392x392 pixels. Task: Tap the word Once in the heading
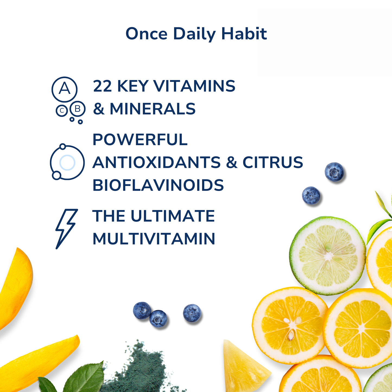point(146,34)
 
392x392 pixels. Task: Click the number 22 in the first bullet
point(102,86)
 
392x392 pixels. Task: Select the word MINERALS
point(152,109)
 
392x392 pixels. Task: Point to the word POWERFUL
point(140,140)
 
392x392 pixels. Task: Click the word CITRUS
point(273,162)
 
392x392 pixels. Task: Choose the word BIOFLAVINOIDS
point(158,185)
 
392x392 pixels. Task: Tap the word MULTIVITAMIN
point(154,239)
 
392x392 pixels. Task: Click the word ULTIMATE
point(173,216)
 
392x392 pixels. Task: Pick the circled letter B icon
point(78,109)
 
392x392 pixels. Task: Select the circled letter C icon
point(62,111)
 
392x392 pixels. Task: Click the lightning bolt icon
point(66,228)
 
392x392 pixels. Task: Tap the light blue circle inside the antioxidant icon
point(67,162)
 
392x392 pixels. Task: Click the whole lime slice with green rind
point(328,256)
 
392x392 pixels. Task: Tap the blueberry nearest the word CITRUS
point(334,172)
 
